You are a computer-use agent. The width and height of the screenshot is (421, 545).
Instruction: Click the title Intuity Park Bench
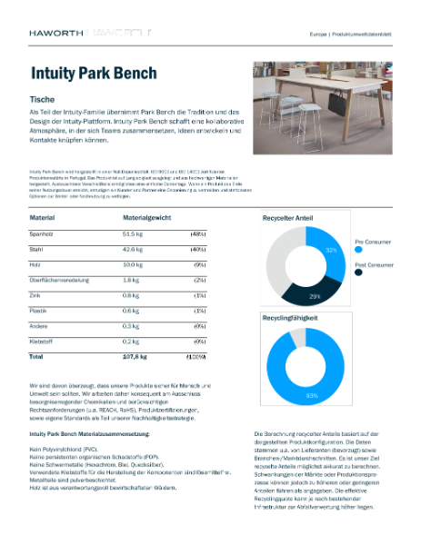[x=94, y=73]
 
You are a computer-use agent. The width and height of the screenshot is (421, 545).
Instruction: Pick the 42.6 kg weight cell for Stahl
[x=135, y=248]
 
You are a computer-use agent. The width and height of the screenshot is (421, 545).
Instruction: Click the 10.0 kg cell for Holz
[x=135, y=264]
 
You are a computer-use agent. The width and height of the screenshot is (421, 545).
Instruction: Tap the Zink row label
[x=37, y=295]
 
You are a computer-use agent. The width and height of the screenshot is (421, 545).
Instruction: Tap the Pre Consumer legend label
[x=374, y=243]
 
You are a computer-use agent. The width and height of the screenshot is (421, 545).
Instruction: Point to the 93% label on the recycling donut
[x=311, y=395]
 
